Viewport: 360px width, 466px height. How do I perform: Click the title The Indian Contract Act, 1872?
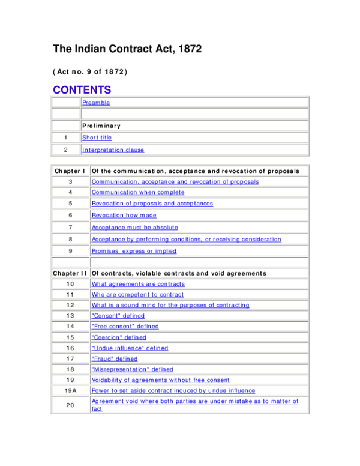[127, 49]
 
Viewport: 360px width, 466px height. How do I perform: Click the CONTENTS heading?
[82, 90]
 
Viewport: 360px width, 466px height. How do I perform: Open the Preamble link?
[96, 103]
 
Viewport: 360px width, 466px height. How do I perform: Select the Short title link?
[97, 138]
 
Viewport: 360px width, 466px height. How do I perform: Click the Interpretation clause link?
[113, 150]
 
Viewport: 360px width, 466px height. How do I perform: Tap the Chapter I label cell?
[70, 171]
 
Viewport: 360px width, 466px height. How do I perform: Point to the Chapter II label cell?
[70, 273]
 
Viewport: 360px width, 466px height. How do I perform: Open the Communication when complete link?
[138, 192]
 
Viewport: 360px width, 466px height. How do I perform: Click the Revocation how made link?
[124, 214]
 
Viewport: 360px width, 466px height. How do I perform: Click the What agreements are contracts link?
[138, 284]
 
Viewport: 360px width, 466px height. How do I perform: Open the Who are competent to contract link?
[137, 295]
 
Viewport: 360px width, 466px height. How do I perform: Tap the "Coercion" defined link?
[118, 337]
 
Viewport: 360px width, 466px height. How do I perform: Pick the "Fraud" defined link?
[114, 359]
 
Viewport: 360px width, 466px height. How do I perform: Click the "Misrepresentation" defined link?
[132, 369]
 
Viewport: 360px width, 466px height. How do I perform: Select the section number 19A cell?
[70, 390]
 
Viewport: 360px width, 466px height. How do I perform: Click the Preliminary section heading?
[101, 126]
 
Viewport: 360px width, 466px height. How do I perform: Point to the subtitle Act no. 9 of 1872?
[90, 71]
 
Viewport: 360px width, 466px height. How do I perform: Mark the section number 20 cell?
[70, 405]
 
